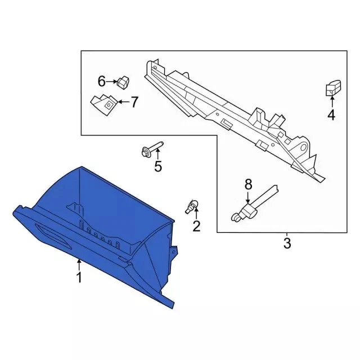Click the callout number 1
pos(79,277)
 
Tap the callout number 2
pos(196,226)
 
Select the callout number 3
pos(287,243)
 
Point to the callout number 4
pos(331,115)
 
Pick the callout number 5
pos(158,166)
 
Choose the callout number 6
pos(101,81)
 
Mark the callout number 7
pos(134,102)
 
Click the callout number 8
pos(249,184)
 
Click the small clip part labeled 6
pos(123,82)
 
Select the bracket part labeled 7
pos(105,105)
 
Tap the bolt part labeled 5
pos(152,148)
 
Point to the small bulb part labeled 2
pos(191,206)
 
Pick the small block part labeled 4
pos(333,88)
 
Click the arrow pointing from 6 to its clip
pos(112,82)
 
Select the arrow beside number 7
pos(124,102)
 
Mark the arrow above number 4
pos(332,102)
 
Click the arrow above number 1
pos(79,265)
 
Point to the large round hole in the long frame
pos(304,147)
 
